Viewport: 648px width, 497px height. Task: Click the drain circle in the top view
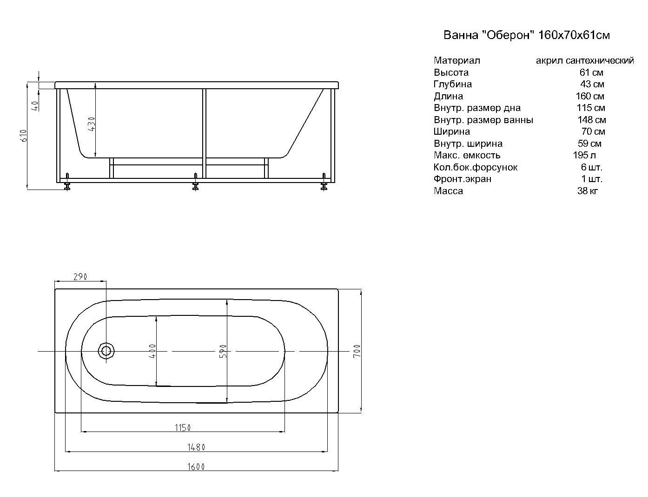(x=106, y=351)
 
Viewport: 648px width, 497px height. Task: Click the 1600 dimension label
(x=196, y=467)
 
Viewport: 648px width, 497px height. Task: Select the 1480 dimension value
(x=196, y=447)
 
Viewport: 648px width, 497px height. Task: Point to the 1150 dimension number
(x=183, y=428)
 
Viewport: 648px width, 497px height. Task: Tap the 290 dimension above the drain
(x=80, y=277)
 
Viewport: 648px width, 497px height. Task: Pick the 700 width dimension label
(x=357, y=351)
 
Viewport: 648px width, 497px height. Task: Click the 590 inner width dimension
(x=223, y=351)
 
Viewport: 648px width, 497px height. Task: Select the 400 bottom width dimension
(x=152, y=351)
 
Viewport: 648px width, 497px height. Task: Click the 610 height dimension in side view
(x=24, y=136)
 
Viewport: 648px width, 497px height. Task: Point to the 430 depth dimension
(x=92, y=124)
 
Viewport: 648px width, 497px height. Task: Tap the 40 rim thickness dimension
(x=35, y=106)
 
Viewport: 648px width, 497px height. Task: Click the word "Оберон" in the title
(x=509, y=35)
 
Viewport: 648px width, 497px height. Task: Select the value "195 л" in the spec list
(x=584, y=155)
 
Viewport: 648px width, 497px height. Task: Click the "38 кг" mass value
(x=588, y=191)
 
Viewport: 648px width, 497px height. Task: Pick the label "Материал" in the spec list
(x=457, y=60)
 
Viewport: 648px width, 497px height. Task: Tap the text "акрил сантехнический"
(x=585, y=60)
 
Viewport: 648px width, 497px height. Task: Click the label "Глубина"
(x=453, y=85)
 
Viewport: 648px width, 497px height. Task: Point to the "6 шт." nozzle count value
(x=592, y=167)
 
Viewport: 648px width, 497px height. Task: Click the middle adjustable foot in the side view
(x=195, y=182)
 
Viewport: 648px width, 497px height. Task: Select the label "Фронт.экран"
(x=463, y=179)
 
